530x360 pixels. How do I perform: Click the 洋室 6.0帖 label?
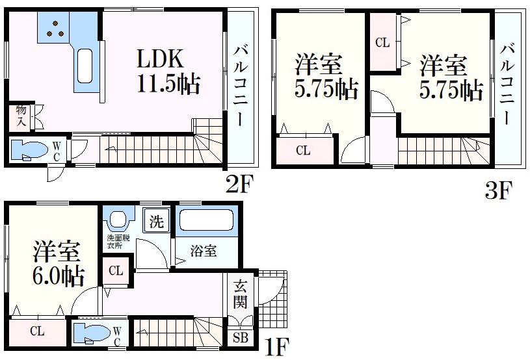click(x=57, y=264)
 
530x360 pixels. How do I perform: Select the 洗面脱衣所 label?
click(x=118, y=242)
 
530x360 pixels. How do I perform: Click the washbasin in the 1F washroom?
click(x=118, y=219)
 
